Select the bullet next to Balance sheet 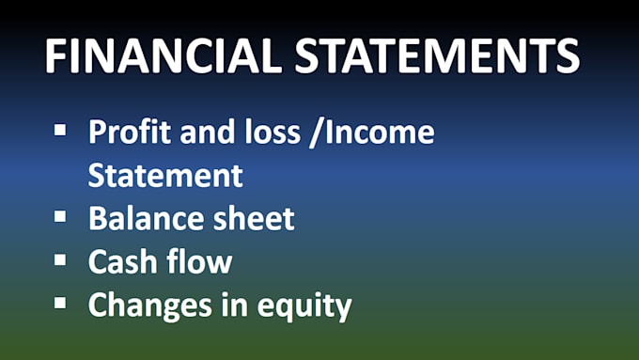(x=61, y=215)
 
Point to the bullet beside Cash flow (x=61, y=258)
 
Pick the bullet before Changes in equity (x=61, y=302)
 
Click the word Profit (x=125, y=133)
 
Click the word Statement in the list (x=165, y=176)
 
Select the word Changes (x=147, y=306)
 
